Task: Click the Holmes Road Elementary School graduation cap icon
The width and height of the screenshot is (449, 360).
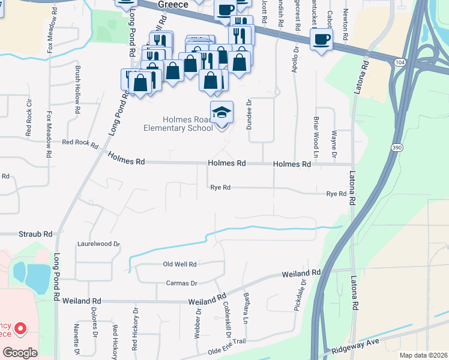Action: tap(221, 112)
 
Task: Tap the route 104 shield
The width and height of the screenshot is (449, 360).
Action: tap(400, 62)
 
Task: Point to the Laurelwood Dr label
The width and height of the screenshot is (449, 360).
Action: tap(99, 244)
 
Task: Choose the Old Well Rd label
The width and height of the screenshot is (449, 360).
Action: tap(180, 264)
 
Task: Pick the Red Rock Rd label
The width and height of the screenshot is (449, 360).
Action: tap(80, 142)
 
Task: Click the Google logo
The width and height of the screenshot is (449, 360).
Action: tap(20, 353)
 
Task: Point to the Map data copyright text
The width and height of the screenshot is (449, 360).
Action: tap(423, 355)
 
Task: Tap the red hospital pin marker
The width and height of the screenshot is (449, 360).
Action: tap(20, 329)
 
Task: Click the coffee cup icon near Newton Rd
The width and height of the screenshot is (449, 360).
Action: tap(321, 40)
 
